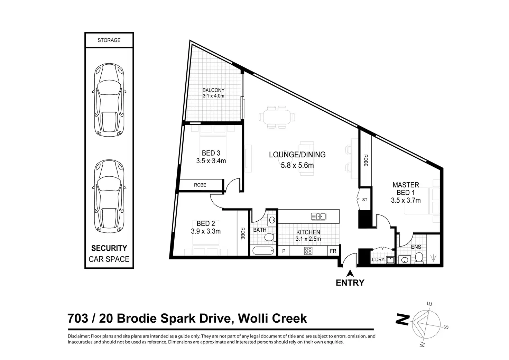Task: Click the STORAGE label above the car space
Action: click(109, 40)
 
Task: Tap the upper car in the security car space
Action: click(109, 100)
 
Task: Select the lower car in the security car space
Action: click(109, 196)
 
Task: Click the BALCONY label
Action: click(213, 90)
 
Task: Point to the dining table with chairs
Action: click(277, 117)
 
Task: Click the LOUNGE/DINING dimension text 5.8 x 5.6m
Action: click(297, 165)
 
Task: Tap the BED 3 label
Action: click(211, 153)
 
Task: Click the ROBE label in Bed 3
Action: click(200, 185)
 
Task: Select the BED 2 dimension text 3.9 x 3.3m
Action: click(206, 231)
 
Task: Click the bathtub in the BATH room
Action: click(263, 251)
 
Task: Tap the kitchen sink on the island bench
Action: click(318, 216)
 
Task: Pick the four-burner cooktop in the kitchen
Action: click(308, 251)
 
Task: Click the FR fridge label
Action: click(333, 251)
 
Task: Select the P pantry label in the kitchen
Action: click(284, 251)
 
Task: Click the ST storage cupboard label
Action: click(365, 200)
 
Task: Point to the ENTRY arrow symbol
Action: click(350, 273)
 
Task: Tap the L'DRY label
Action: click(378, 260)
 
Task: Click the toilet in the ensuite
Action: click(419, 258)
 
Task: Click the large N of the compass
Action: click(402, 319)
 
